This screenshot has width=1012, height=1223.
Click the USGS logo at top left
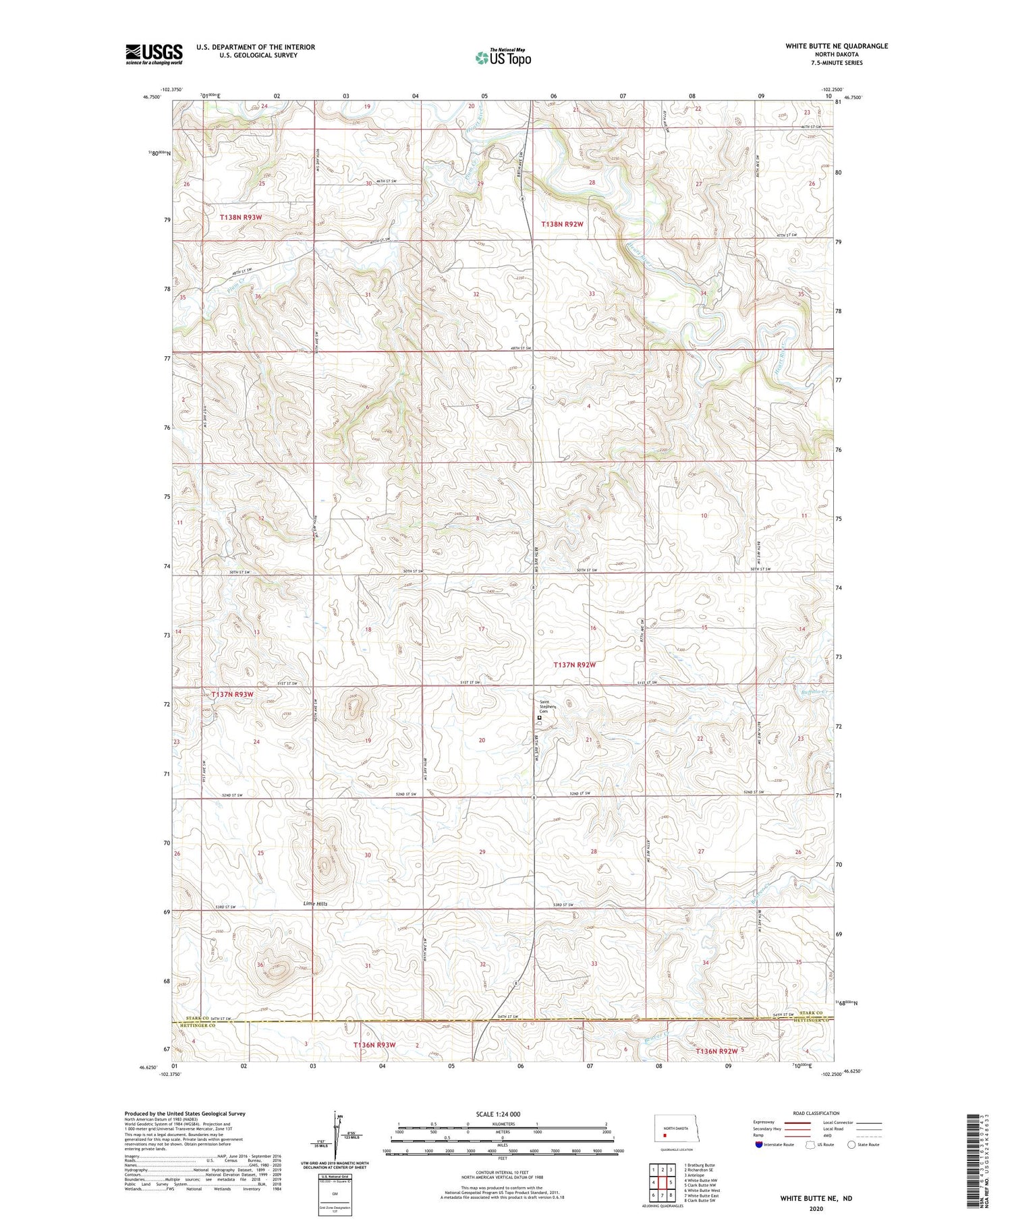pyautogui.click(x=154, y=54)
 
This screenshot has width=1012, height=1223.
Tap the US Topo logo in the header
pyautogui.click(x=503, y=58)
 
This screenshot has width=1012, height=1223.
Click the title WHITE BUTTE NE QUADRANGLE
pyautogui.click(x=836, y=46)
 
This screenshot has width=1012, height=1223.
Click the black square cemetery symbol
pyautogui.click(x=539, y=718)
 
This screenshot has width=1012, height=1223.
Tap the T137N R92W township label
pyautogui.click(x=575, y=664)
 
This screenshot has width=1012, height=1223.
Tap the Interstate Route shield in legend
pyautogui.click(x=759, y=1145)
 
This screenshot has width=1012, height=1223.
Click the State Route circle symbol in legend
pyautogui.click(x=851, y=1145)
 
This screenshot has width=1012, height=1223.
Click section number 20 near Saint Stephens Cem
pyautogui.click(x=482, y=741)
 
